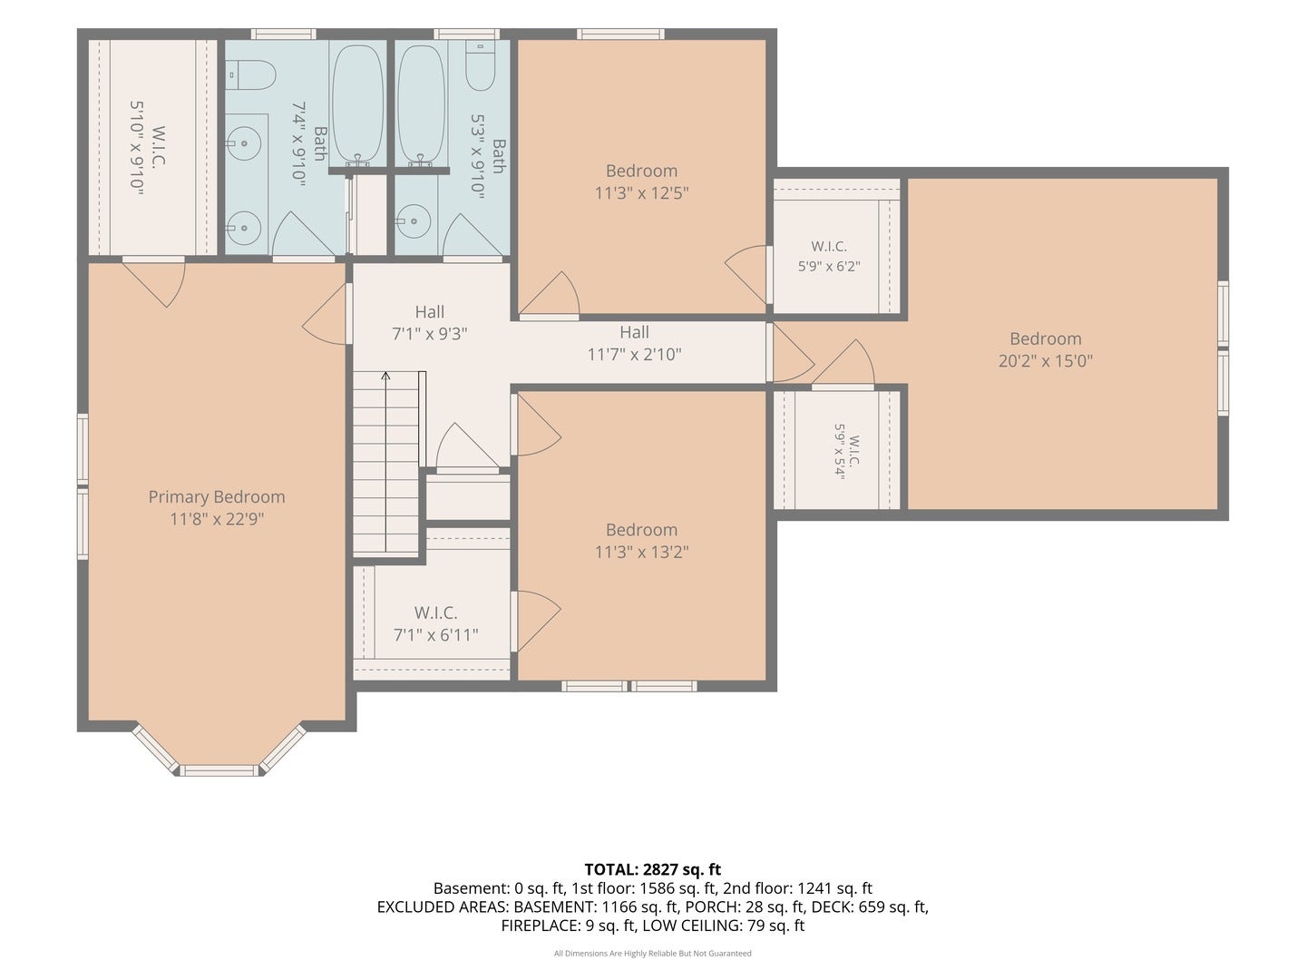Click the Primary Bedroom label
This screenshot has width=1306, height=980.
pyautogui.click(x=217, y=497)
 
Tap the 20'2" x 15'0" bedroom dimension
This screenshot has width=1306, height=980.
pyautogui.click(x=1046, y=360)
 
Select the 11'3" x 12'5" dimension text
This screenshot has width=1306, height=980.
pyautogui.click(x=641, y=192)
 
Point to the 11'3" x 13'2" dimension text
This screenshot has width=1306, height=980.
pyautogui.click(x=641, y=552)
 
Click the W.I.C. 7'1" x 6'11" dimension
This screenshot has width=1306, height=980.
pyautogui.click(x=435, y=635)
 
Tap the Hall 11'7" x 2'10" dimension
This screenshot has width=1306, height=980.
pyautogui.click(x=634, y=354)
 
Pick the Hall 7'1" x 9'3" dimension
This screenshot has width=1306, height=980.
pyautogui.click(x=430, y=334)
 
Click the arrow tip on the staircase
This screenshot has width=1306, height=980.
pyautogui.click(x=385, y=373)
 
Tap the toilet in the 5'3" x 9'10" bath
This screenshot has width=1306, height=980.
pyautogui.click(x=480, y=65)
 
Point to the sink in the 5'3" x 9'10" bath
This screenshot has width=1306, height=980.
pyautogui.click(x=413, y=221)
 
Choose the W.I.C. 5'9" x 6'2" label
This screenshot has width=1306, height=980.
pyautogui.click(x=829, y=256)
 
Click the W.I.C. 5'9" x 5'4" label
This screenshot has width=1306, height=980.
pyautogui.click(x=847, y=451)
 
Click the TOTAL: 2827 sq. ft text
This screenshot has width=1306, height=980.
pyautogui.click(x=653, y=869)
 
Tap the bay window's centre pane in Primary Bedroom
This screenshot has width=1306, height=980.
pyautogui.click(x=219, y=770)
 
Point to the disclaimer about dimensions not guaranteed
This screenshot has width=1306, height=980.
pyautogui.click(x=653, y=953)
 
